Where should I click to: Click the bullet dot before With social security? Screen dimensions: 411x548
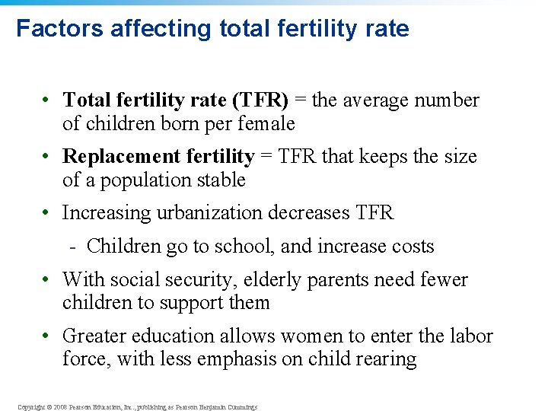point(47,280)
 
